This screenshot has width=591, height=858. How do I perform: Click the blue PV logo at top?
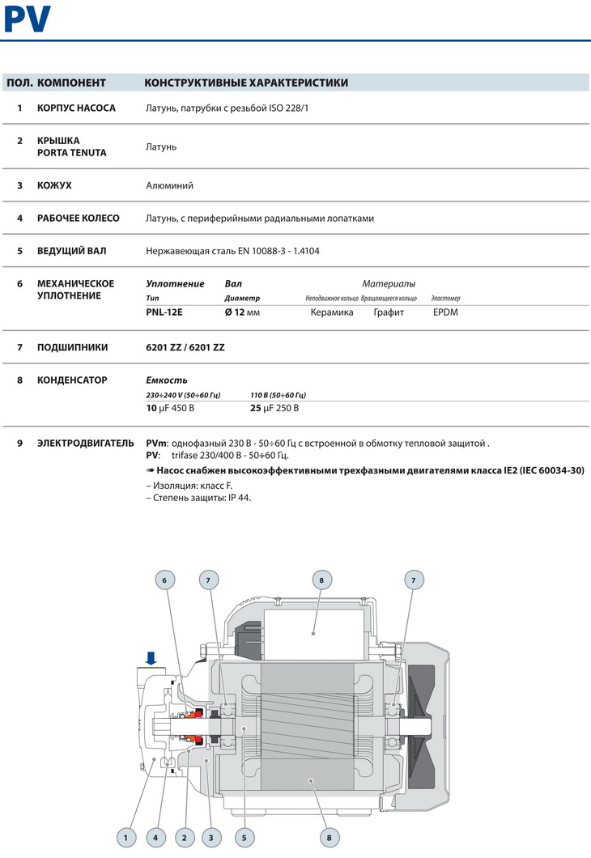click(28, 19)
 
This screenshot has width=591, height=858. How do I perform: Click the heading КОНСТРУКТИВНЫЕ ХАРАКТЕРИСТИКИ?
click(246, 83)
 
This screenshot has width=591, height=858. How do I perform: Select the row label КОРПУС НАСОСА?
click(76, 108)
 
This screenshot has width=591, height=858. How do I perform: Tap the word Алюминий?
click(169, 185)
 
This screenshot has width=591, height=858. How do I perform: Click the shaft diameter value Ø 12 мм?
click(242, 312)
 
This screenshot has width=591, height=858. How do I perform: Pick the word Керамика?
click(332, 312)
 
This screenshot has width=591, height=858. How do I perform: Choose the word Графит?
click(389, 312)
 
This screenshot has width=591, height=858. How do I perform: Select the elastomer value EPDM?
click(445, 312)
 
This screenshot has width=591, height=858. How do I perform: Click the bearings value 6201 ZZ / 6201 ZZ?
click(185, 347)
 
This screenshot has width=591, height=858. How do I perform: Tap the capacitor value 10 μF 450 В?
click(170, 408)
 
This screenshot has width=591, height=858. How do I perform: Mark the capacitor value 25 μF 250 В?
click(274, 408)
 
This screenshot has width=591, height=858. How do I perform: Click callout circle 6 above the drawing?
click(164, 580)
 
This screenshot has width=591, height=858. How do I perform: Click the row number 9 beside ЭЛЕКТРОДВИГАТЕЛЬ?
click(19, 443)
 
